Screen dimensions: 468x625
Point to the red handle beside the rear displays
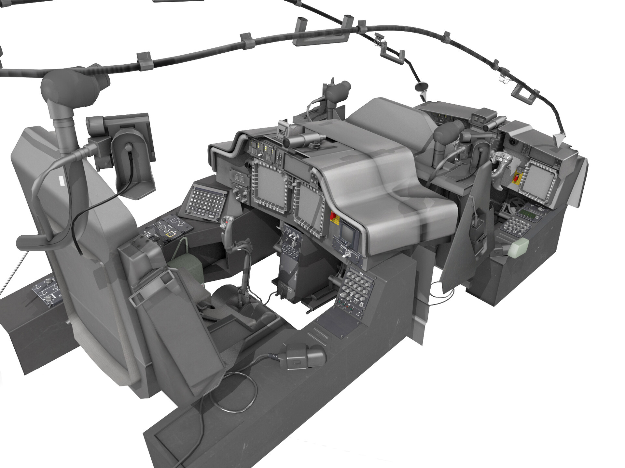coord(333,216)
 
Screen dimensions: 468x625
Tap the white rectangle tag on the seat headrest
coord(61,180)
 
